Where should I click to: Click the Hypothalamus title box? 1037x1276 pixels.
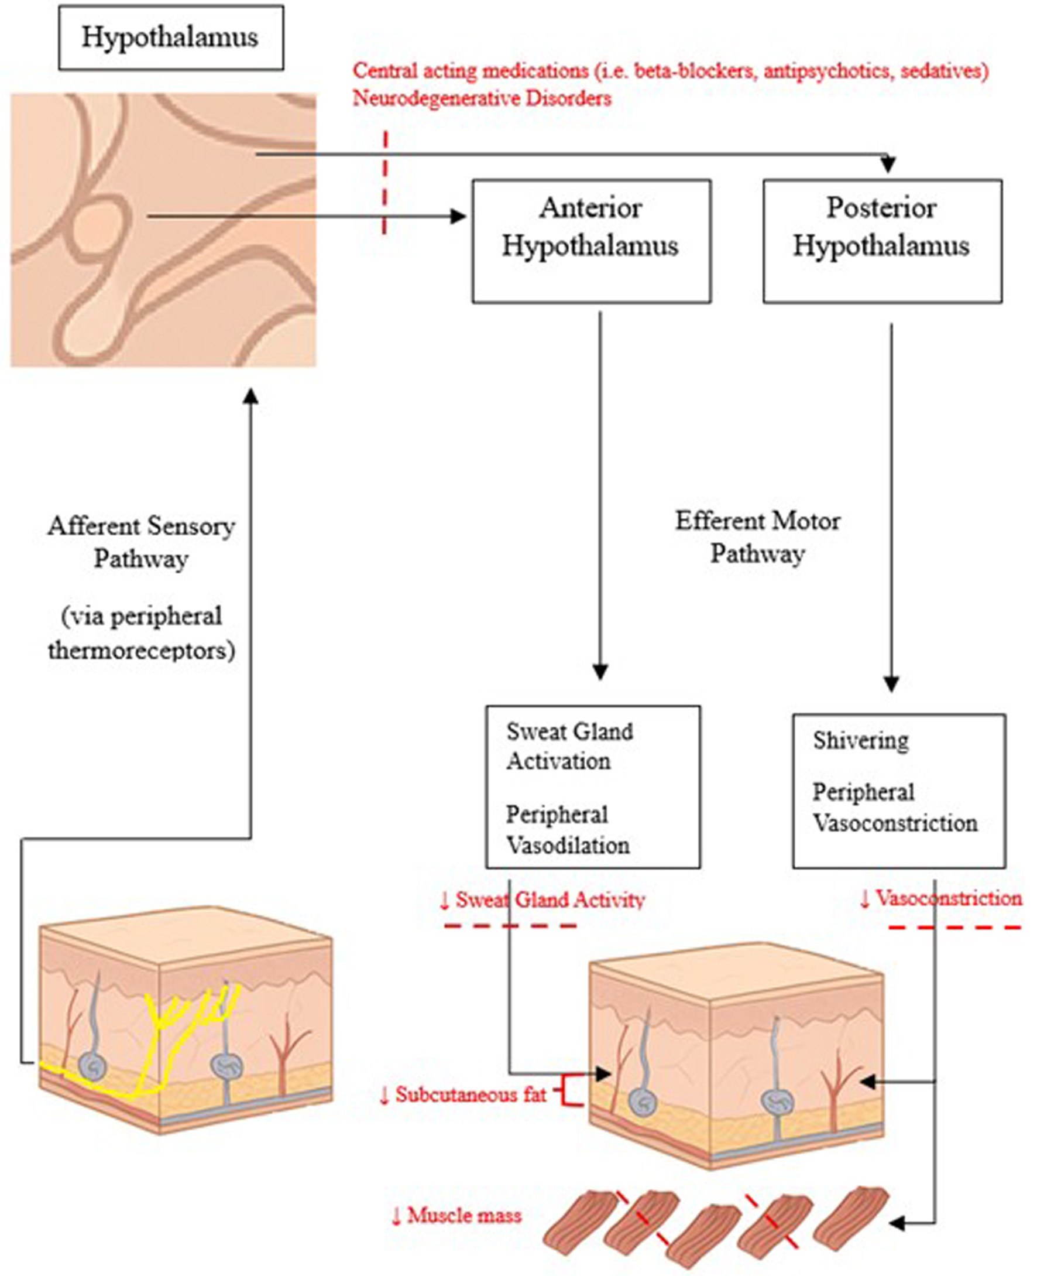[x=171, y=37]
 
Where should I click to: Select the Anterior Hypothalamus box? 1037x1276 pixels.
[x=591, y=241]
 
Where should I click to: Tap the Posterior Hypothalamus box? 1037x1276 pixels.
[x=882, y=241]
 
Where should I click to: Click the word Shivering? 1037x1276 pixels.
[x=861, y=741]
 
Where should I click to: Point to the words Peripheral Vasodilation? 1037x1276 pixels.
[x=568, y=830]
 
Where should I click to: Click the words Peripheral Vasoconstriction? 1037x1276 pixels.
[x=895, y=808]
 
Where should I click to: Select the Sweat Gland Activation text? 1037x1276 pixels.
[x=569, y=746]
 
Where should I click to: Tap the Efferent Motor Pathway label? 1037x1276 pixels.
[x=757, y=537]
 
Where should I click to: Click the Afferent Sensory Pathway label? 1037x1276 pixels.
[x=141, y=542]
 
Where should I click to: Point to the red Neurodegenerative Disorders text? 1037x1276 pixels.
[x=482, y=98]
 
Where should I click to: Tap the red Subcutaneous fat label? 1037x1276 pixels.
[x=463, y=1094]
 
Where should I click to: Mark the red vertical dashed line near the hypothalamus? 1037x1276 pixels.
[x=385, y=182]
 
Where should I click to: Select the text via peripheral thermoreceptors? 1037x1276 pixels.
[x=142, y=633]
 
